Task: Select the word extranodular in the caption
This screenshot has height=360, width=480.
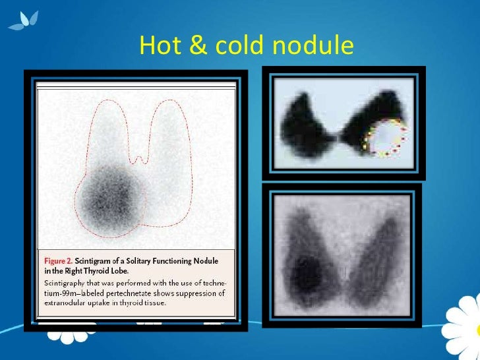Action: click(x=63, y=303)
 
